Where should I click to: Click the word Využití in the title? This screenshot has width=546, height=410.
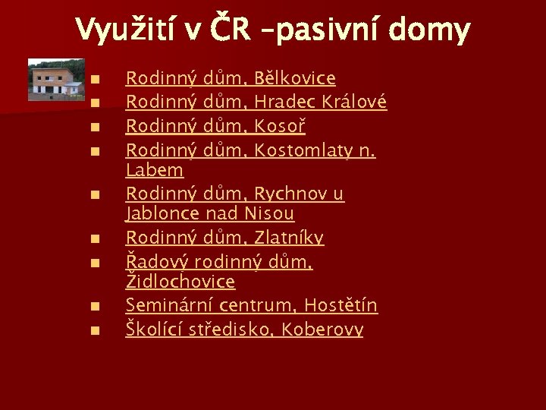[x=123, y=30]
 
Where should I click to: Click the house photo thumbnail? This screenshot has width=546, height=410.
[x=56, y=80]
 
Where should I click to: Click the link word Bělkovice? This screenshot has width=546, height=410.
[x=295, y=78]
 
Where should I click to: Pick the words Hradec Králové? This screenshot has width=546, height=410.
[x=321, y=101]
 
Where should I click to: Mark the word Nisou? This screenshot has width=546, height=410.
[x=268, y=214]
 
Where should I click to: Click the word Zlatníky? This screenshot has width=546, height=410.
[x=290, y=238]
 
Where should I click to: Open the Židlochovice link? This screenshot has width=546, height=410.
[x=180, y=282]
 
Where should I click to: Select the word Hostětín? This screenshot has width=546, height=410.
[x=340, y=305]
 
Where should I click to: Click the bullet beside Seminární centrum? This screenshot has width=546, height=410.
[x=93, y=307]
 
